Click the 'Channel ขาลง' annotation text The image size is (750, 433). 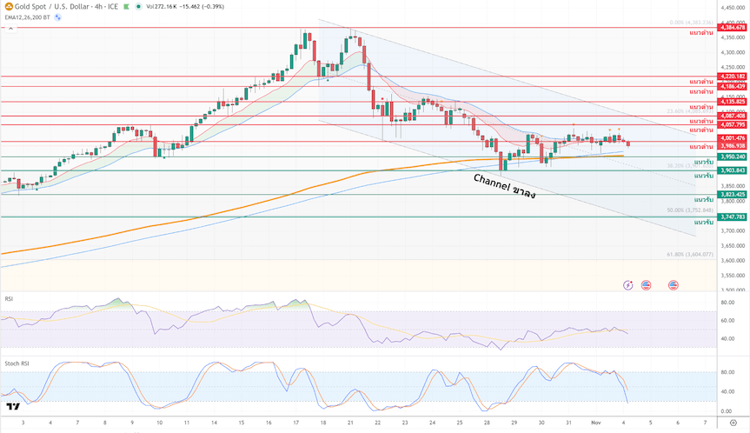504,185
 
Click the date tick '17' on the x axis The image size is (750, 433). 295,422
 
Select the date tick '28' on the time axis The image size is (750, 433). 487,422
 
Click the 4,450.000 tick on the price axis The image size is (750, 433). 733,7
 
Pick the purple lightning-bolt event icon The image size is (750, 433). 628,284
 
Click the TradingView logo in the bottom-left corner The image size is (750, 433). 12,406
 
